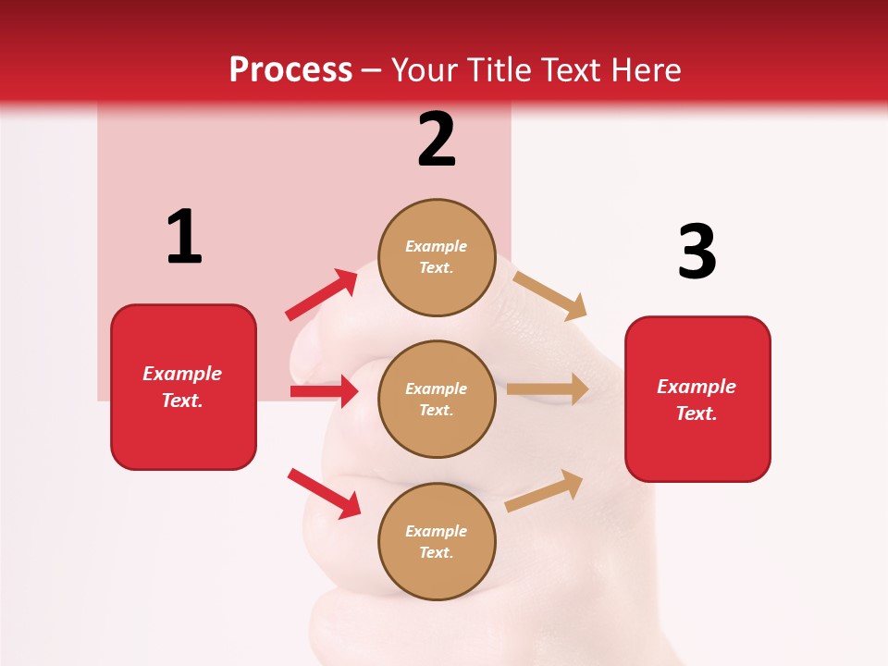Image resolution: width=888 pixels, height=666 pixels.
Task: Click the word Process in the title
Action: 290,70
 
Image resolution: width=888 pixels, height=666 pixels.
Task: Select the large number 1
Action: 184,238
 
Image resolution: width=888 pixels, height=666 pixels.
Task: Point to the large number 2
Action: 437,140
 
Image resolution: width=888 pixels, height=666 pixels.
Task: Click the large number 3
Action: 697,252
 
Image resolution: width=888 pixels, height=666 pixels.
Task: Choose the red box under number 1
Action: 183,387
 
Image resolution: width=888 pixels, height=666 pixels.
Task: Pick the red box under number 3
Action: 697,400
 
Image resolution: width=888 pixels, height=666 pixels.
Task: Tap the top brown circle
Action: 437,257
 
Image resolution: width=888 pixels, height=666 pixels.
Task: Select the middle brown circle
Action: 437,399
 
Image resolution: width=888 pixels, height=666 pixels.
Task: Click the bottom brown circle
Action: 437,541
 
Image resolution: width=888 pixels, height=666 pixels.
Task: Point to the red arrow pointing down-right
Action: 324,493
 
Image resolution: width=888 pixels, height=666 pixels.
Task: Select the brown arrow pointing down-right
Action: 549,295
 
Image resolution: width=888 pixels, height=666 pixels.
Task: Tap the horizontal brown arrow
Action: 548,389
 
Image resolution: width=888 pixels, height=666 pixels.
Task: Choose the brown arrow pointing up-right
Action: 544,490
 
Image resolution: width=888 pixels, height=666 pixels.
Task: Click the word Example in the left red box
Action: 182,374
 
